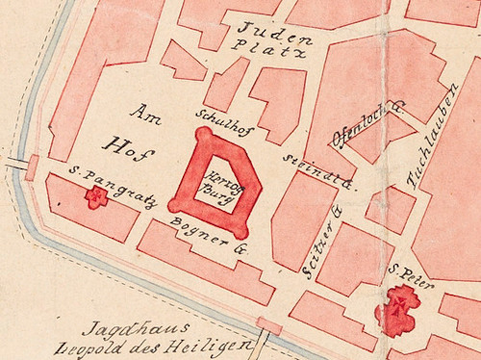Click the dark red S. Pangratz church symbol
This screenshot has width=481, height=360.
point(95,197)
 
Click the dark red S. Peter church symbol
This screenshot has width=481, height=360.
point(398,310)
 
